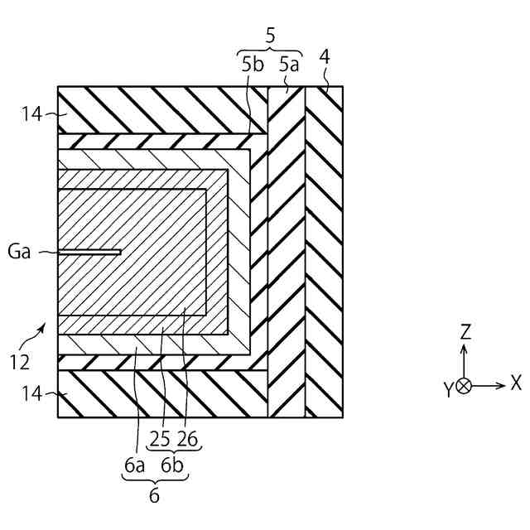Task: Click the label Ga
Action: point(19,252)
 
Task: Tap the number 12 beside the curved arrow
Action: point(20,362)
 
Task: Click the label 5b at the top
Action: point(253,63)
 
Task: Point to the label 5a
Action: point(290,63)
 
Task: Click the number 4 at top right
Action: point(325,58)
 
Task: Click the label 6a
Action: point(134,466)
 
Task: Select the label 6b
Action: point(174,466)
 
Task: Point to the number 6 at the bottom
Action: point(154,496)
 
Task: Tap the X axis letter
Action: point(516,383)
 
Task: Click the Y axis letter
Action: point(447,389)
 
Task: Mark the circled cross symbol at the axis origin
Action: point(464,386)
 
